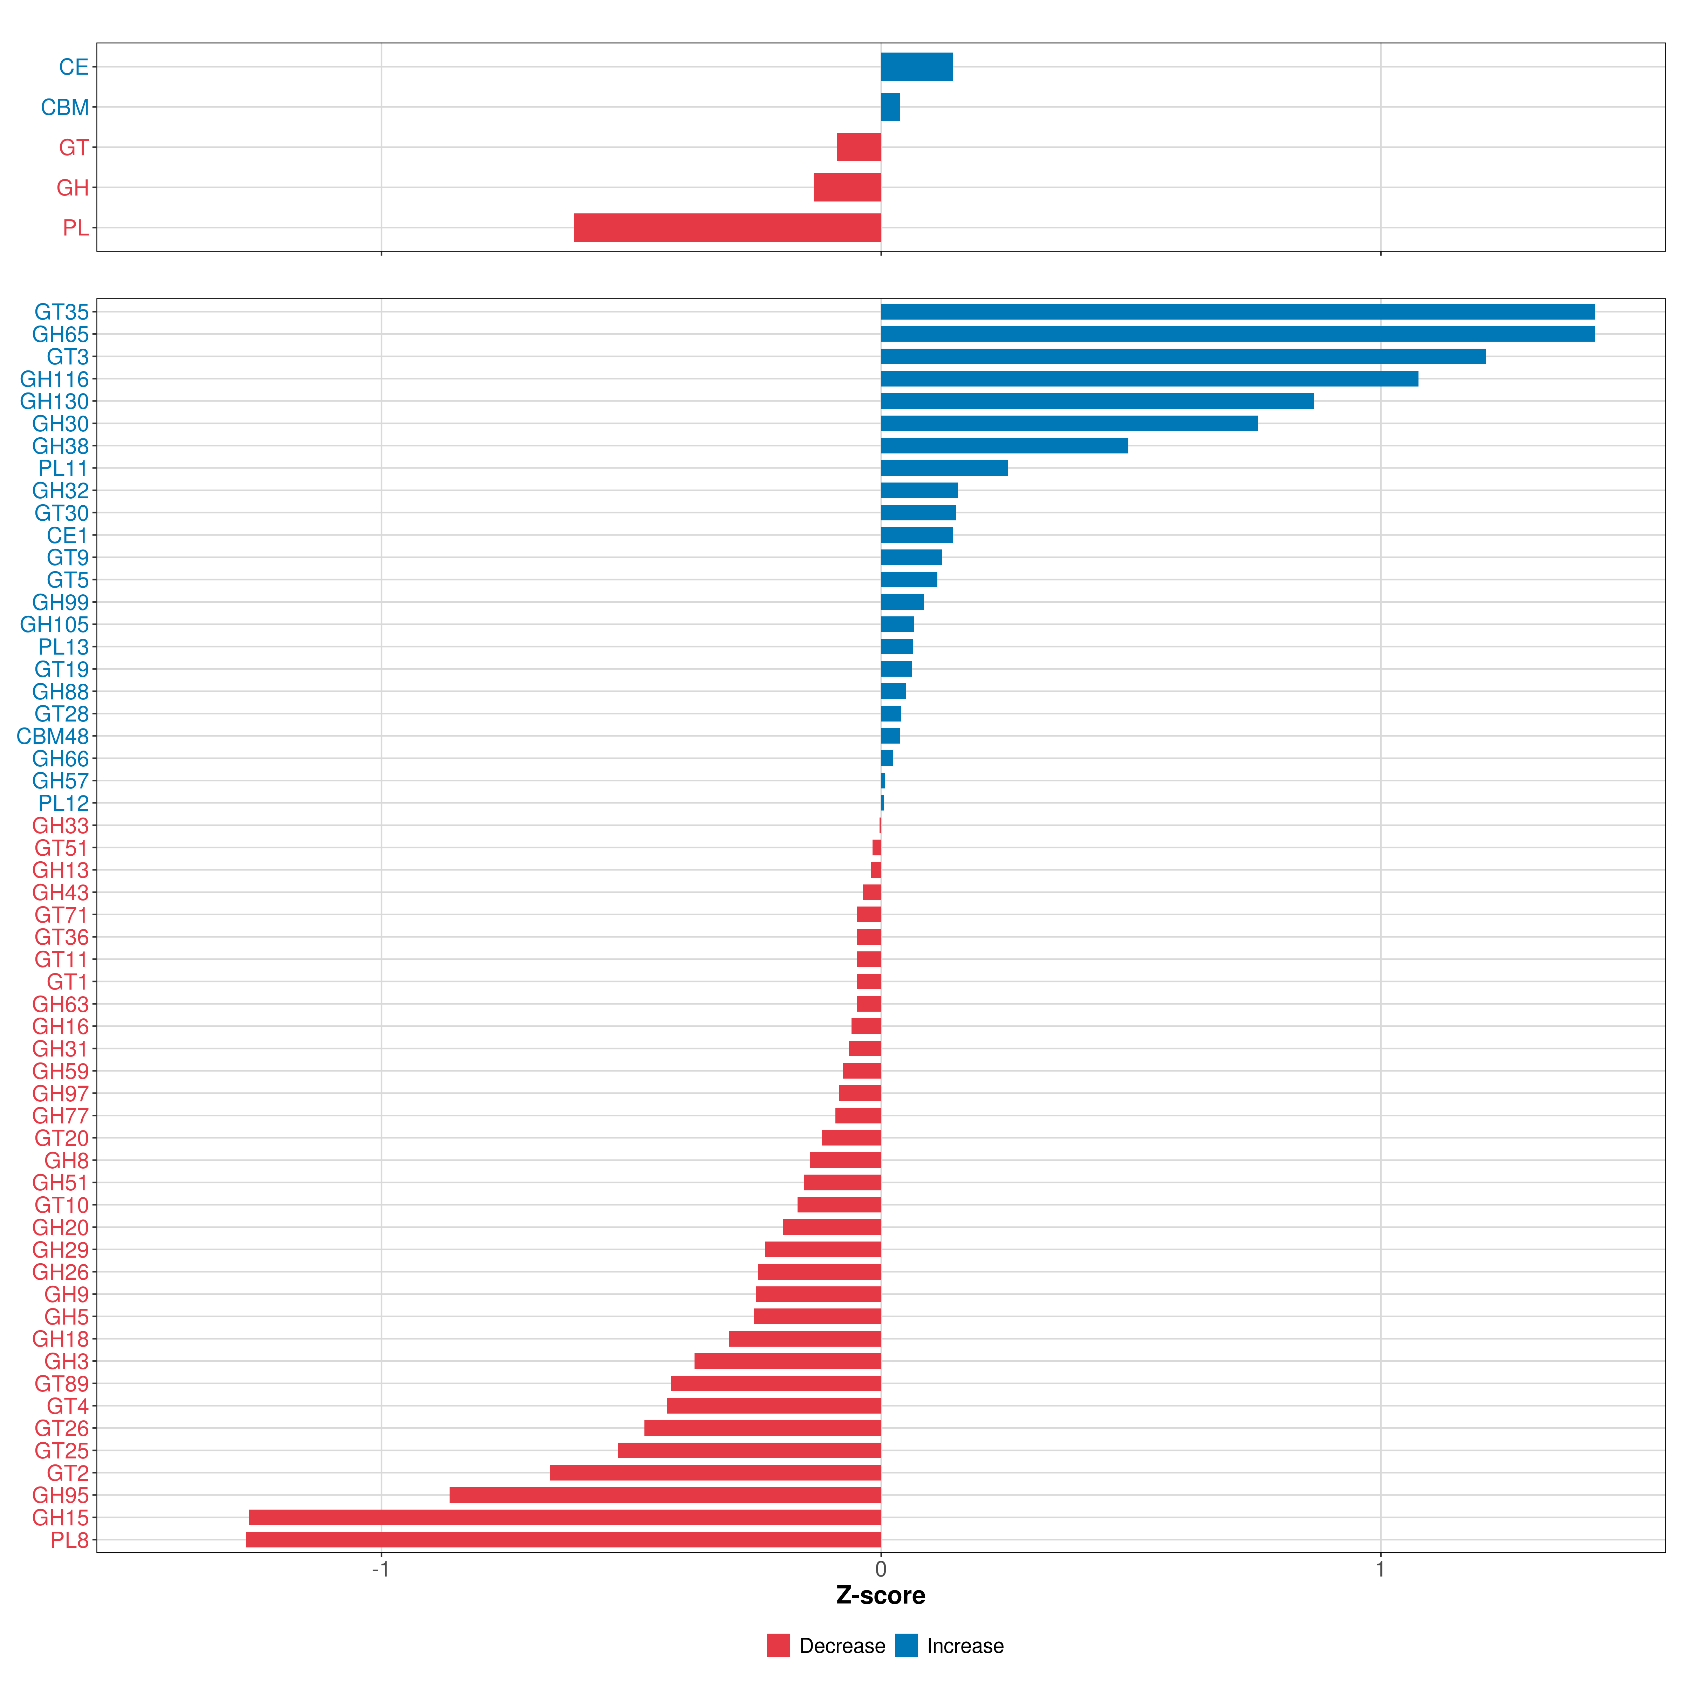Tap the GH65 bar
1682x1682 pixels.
point(1237,334)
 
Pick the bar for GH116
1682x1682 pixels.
point(1149,379)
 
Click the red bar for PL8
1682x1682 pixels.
point(563,1540)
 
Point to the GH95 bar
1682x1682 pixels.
point(665,1495)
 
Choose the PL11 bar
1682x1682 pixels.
point(944,469)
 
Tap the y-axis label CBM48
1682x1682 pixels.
point(52,737)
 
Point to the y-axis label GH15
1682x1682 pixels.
point(60,1517)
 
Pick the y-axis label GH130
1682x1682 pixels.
point(54,401)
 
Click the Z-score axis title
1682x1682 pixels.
point(880,1596)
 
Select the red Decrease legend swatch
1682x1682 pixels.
point(778,1646)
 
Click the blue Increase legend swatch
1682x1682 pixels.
point(906,1646)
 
